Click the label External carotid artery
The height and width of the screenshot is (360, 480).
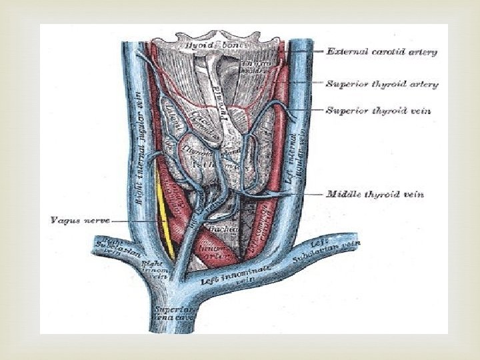click(x=381, y=51)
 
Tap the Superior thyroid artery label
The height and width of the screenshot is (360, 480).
click(x=381, y=85)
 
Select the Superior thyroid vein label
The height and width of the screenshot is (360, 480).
click(x=377, y=110)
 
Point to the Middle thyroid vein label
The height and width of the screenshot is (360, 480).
click(x=375, y=195)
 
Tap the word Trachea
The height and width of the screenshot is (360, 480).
click(x=219, y=229)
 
